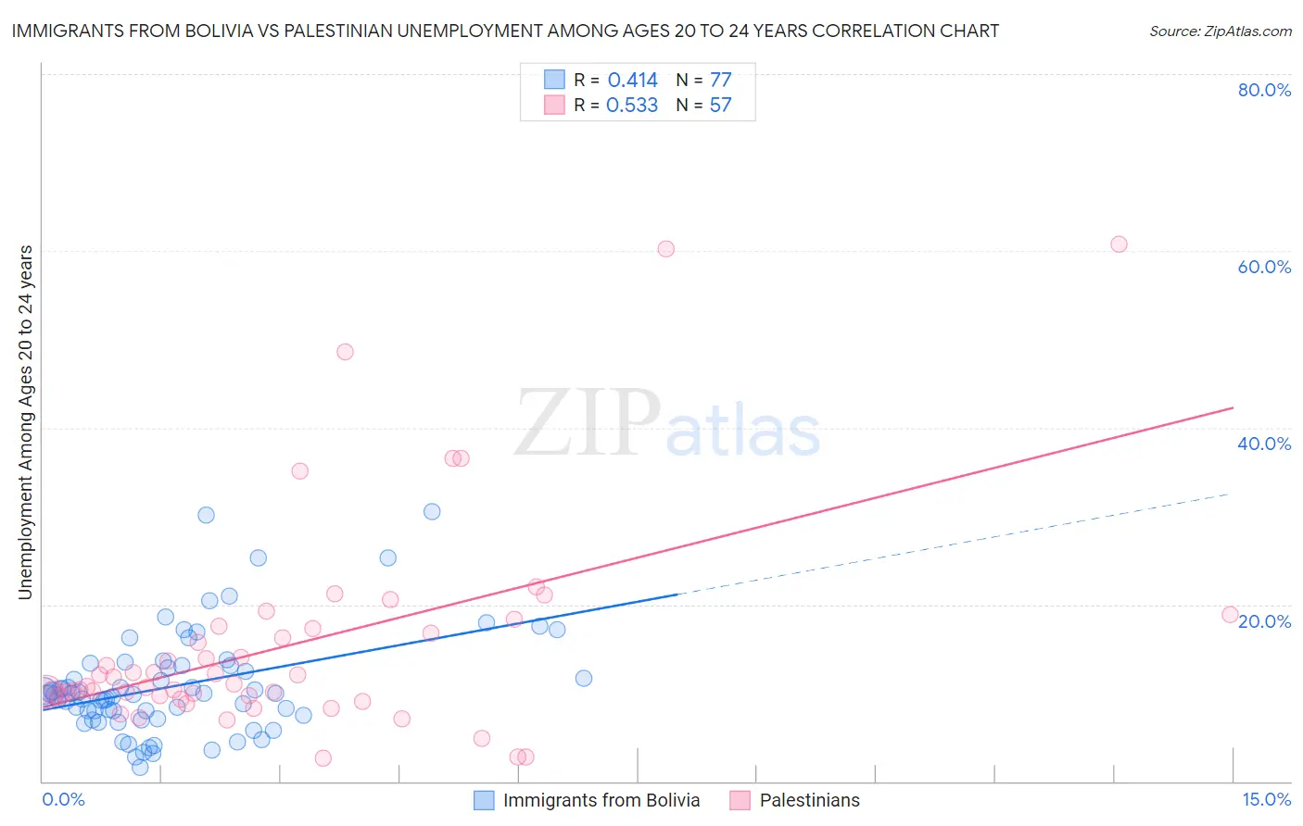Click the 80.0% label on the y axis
pyautogui.click(x=1264, y=90)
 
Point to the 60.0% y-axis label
pyautogui.click(x=1264, y=267)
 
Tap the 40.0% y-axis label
pyautogui.click(x=1264, y=444)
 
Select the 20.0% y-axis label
pyautogui.click(x=1264, y=621)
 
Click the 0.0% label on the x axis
pyautogui.click(x=63, y=799)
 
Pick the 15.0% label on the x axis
pyautogui.click(x=1266, y=799)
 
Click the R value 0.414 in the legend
pyautogui.click(x=632, y=81)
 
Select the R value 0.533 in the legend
pyautogui.click(x=632, y=106)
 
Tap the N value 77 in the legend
pyautogui.click(x=720, y=81)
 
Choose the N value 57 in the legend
pyautogui.click(x=720, y=106)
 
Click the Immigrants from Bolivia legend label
pyautogui.click(x=601, y=800)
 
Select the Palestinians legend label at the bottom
pyautogui.click(x=809, y=800)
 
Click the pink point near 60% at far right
pyautogui.click(x=1119, y=244)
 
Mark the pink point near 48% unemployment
pyautogui.click(x=345, y=352)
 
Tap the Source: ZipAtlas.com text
pyautogui.click(x=1220, y=31)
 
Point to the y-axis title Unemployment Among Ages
pyautogui.click(x=26, y=421)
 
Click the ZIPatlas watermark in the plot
pyautogui.click(x=667, y=424)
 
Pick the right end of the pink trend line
pyautogui.click(x=1233, y=407)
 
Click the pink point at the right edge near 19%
pyautogui.click(x=1230, y=614)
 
